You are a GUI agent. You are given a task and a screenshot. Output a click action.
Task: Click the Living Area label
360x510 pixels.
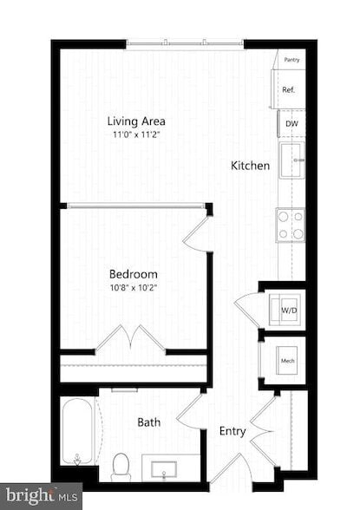pyautogui.click(x=136, y=121)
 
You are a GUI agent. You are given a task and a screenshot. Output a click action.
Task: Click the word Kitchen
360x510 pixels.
pyautogui.click(x=250, y=166)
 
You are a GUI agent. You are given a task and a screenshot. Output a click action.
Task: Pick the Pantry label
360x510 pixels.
pyautogui.click(x=292, y=60)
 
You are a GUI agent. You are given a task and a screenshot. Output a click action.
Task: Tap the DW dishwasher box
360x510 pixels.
pyautogui.click(x=291, y=124)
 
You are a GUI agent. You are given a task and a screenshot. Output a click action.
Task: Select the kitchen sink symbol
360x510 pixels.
pyautogui.click(x=291, y=160)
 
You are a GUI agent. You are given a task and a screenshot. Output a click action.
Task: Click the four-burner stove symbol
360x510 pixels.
pyautogui.click(x=291, y=224)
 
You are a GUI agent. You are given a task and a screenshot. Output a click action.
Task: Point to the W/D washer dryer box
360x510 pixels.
pyautogui.click(x=285, y=308)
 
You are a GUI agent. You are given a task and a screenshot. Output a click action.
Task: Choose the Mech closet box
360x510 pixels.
pyautogui.click(x=285, y=360)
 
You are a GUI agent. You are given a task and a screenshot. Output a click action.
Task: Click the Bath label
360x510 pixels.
pyautogui.click(x=148, y=423)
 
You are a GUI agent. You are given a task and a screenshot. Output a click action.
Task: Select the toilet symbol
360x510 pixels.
pyautogui.click(x=121, y=467)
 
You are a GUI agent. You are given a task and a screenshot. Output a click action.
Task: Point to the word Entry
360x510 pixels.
pyautogui.click(x=232, y=431)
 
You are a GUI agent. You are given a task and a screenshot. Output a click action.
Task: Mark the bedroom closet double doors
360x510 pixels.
pyautogui.click(x=130, y=339)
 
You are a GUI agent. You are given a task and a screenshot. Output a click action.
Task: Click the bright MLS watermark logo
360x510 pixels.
pyautogui.click(x=42, y=497)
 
